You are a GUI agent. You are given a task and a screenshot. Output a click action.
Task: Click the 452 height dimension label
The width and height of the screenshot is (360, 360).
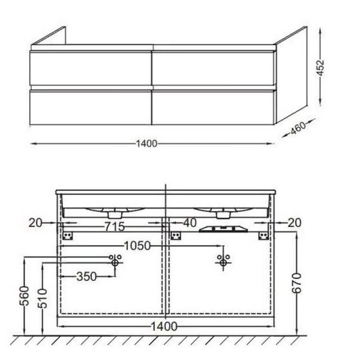[320, 67]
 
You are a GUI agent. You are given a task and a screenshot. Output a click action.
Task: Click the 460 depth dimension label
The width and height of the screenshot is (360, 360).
[298, 128]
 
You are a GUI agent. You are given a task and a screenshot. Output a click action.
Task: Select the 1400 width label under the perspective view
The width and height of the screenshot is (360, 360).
[147, 144]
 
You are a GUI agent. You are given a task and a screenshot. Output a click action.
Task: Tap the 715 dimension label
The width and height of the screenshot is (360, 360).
[115, 227]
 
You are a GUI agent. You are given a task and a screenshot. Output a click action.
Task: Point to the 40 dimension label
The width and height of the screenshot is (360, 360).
[190, 223]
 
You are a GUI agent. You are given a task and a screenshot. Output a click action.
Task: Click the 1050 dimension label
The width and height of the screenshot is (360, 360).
[137, 246]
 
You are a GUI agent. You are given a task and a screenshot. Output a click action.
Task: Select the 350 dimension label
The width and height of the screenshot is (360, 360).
[86, 277]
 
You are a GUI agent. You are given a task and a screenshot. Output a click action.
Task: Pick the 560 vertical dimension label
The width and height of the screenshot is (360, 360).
[25, 296]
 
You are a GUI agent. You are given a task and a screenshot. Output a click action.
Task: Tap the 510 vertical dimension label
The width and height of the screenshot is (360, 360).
[43, 298]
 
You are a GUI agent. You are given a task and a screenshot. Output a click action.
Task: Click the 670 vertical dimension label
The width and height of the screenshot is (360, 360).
[296, 283]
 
